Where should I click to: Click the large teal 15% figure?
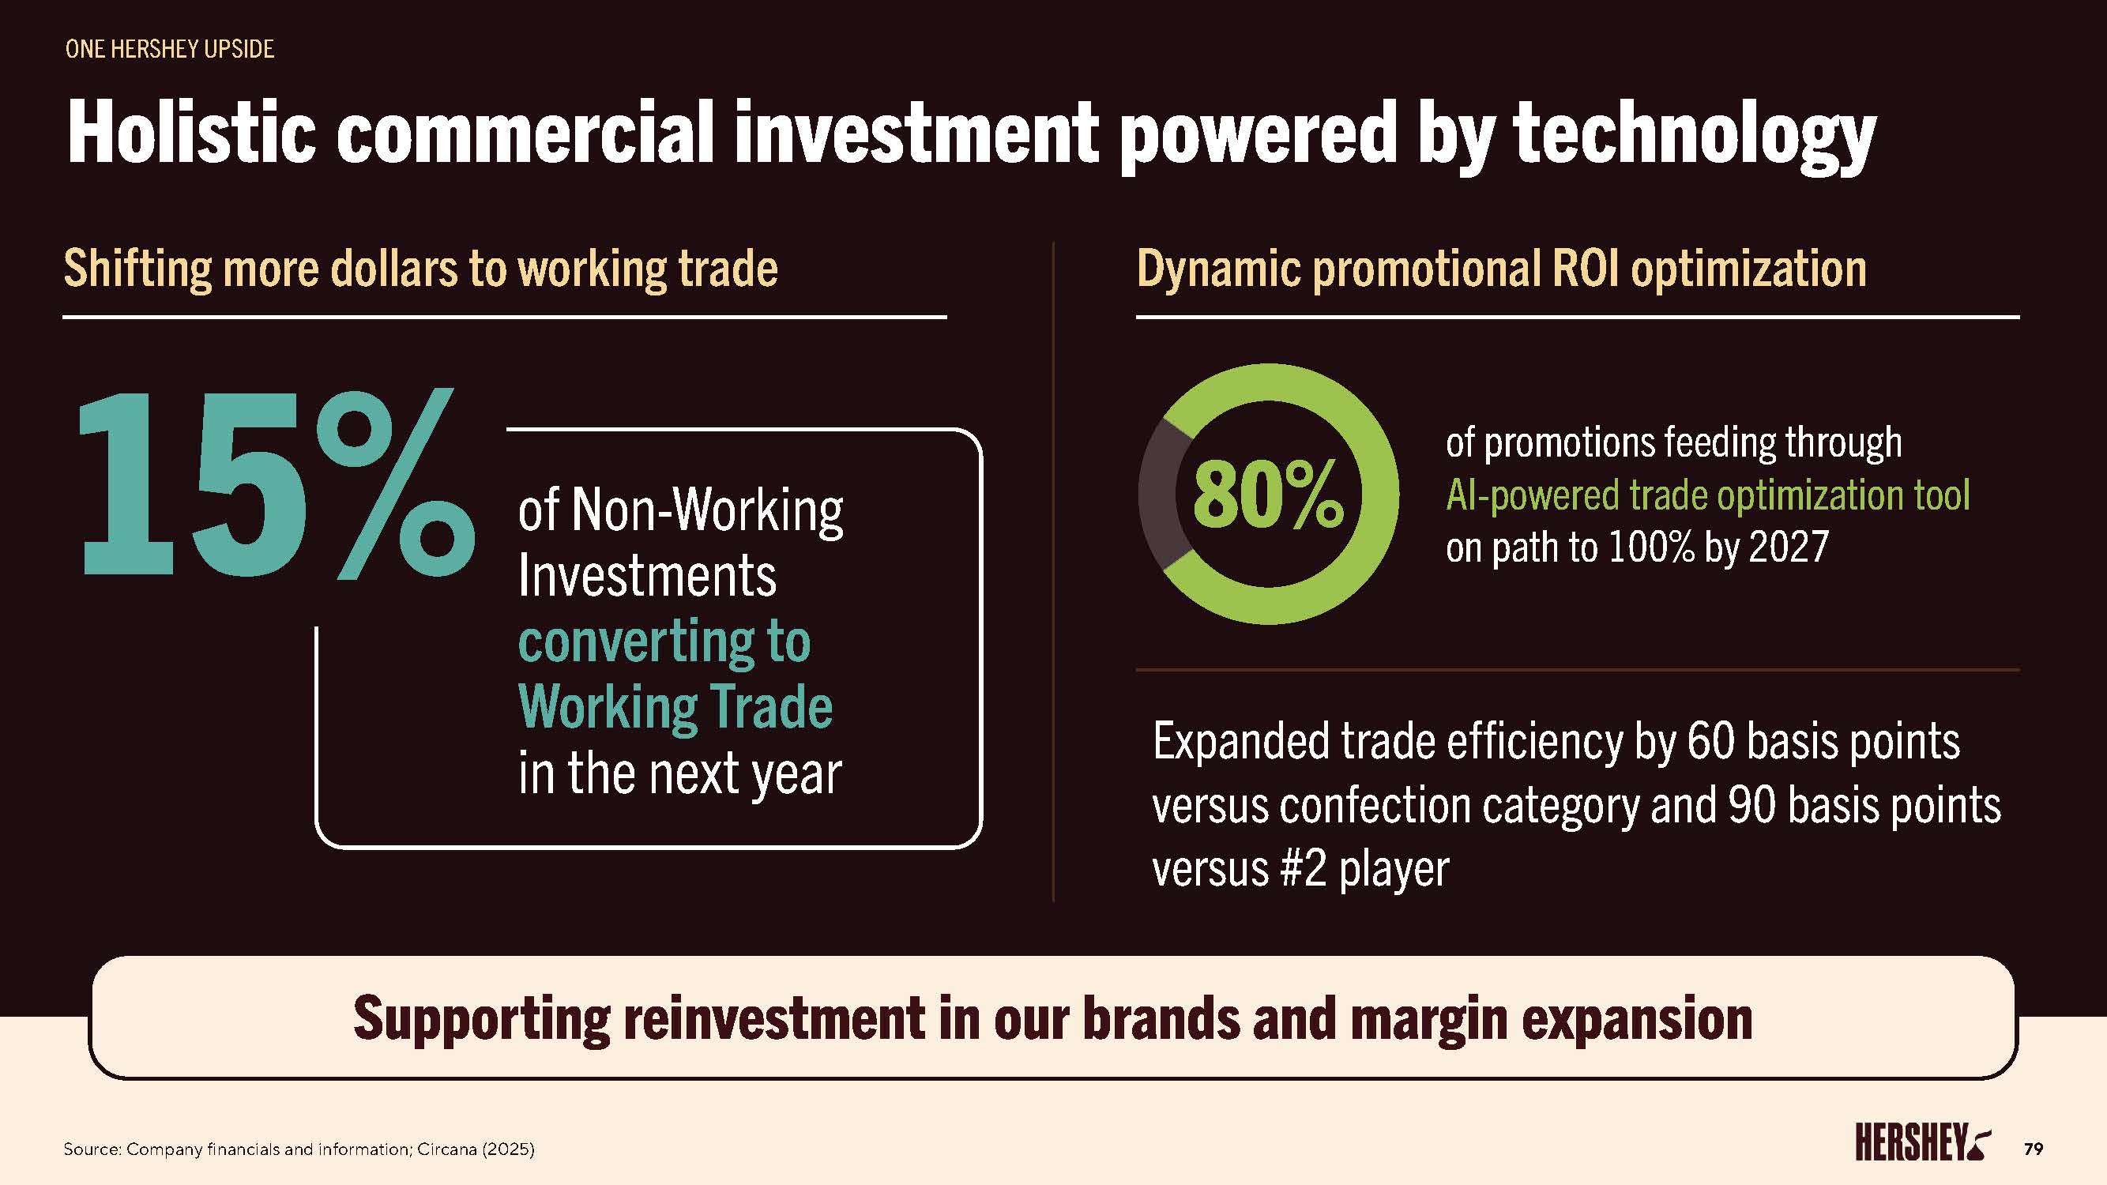point(277,484)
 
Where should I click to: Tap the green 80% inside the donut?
point(1268,494)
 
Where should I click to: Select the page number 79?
point(2034,1149)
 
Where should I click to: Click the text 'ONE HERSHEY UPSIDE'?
point(169,49)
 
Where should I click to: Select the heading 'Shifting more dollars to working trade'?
point(420,269)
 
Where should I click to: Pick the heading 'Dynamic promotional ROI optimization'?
point(1502,269)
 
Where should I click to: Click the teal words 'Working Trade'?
point(675,706)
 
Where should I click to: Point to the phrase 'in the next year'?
point(679,773)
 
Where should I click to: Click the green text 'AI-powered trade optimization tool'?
point(1708,495)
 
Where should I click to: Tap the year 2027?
point(1788,547)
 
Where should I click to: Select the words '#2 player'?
point(1365,868)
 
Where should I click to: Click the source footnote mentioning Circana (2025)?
point(299,1149)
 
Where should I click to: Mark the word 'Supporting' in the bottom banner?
point(482,1020)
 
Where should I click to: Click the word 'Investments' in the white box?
point(647,576)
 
